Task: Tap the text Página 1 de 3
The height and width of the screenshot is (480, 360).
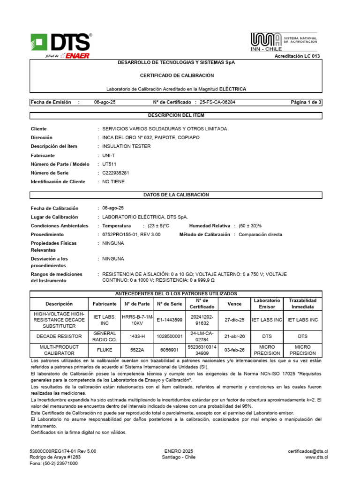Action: [306, 102]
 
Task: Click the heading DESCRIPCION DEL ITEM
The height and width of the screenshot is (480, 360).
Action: [176, 115]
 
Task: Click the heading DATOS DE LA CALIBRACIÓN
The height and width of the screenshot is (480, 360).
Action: [176, 195]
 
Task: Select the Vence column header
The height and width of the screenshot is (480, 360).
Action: [234, 304]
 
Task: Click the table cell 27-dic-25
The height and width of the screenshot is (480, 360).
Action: [234, 320]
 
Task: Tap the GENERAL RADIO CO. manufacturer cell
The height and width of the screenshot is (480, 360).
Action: [105, 336]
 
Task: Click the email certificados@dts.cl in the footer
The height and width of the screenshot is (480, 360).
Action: [307, 451]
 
